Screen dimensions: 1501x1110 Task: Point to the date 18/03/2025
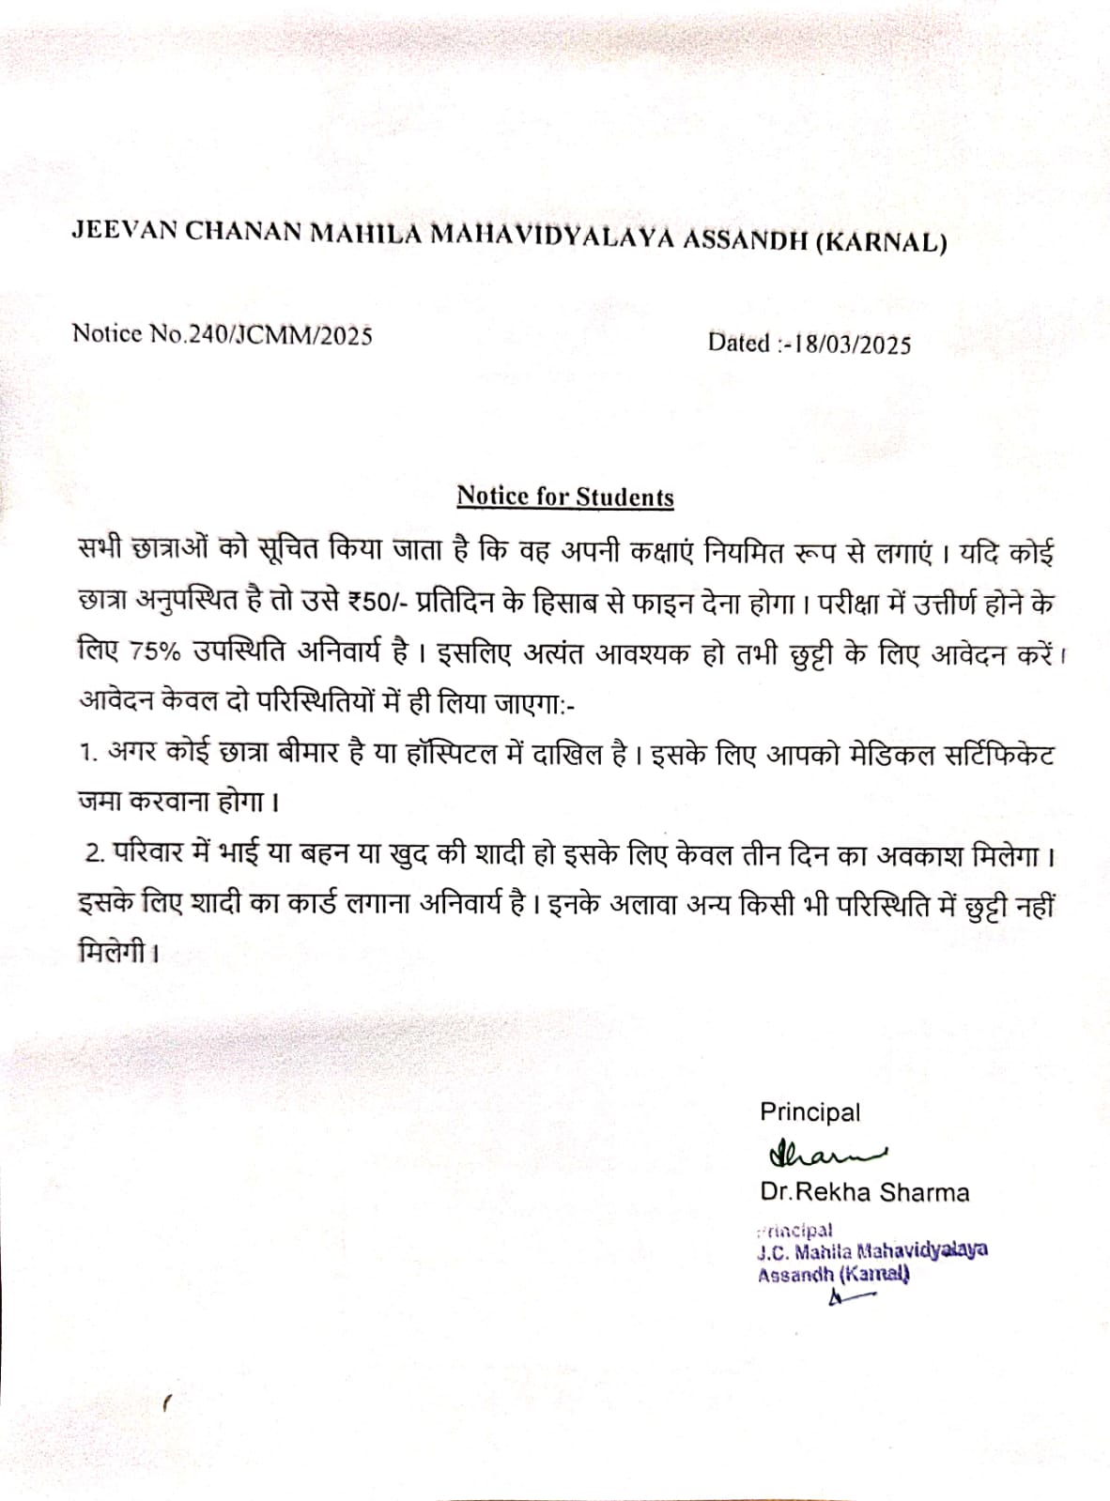[x=852, y=345]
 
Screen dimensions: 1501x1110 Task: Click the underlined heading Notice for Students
[x=565, y=497]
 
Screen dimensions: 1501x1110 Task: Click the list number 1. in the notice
[x=89, y=753]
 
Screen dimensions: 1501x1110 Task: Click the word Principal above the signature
[x=809, y=1112]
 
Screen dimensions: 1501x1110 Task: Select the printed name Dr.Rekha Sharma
[x=864, y=1193]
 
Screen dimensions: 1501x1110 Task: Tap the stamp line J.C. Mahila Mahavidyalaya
[x=871, y=1250]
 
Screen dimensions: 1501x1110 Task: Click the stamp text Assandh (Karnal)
[x=833, y=1275]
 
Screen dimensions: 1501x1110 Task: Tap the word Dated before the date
[x=739, y=343]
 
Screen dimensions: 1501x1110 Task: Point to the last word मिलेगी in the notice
[x=113, y=955]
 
